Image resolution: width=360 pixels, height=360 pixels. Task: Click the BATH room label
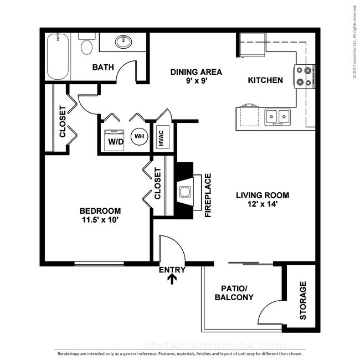[x=103, y=68]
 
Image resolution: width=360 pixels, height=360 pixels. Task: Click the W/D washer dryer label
[x=116, y=141]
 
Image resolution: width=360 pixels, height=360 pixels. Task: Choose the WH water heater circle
[x=138, y=136]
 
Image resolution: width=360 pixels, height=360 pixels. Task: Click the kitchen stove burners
[x=304, y=76]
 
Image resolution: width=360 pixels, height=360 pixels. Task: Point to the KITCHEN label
[x=265, y=80]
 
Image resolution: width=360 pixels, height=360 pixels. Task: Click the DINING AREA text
[x=196, y=72]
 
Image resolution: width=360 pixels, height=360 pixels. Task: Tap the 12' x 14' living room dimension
[x=263, y=204]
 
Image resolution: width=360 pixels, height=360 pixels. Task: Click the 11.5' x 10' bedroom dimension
[x=100, y=220]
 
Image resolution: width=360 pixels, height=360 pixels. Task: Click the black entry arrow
[x=172, y=280]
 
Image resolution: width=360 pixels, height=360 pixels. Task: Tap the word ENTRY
[x=172, y=270]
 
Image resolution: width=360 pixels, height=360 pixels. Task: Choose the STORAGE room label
[x=303, y=301]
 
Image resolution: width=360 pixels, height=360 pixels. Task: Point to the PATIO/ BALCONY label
[x=237, y=293]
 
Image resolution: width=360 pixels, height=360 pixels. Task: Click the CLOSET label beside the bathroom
[x=63, y=122]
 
